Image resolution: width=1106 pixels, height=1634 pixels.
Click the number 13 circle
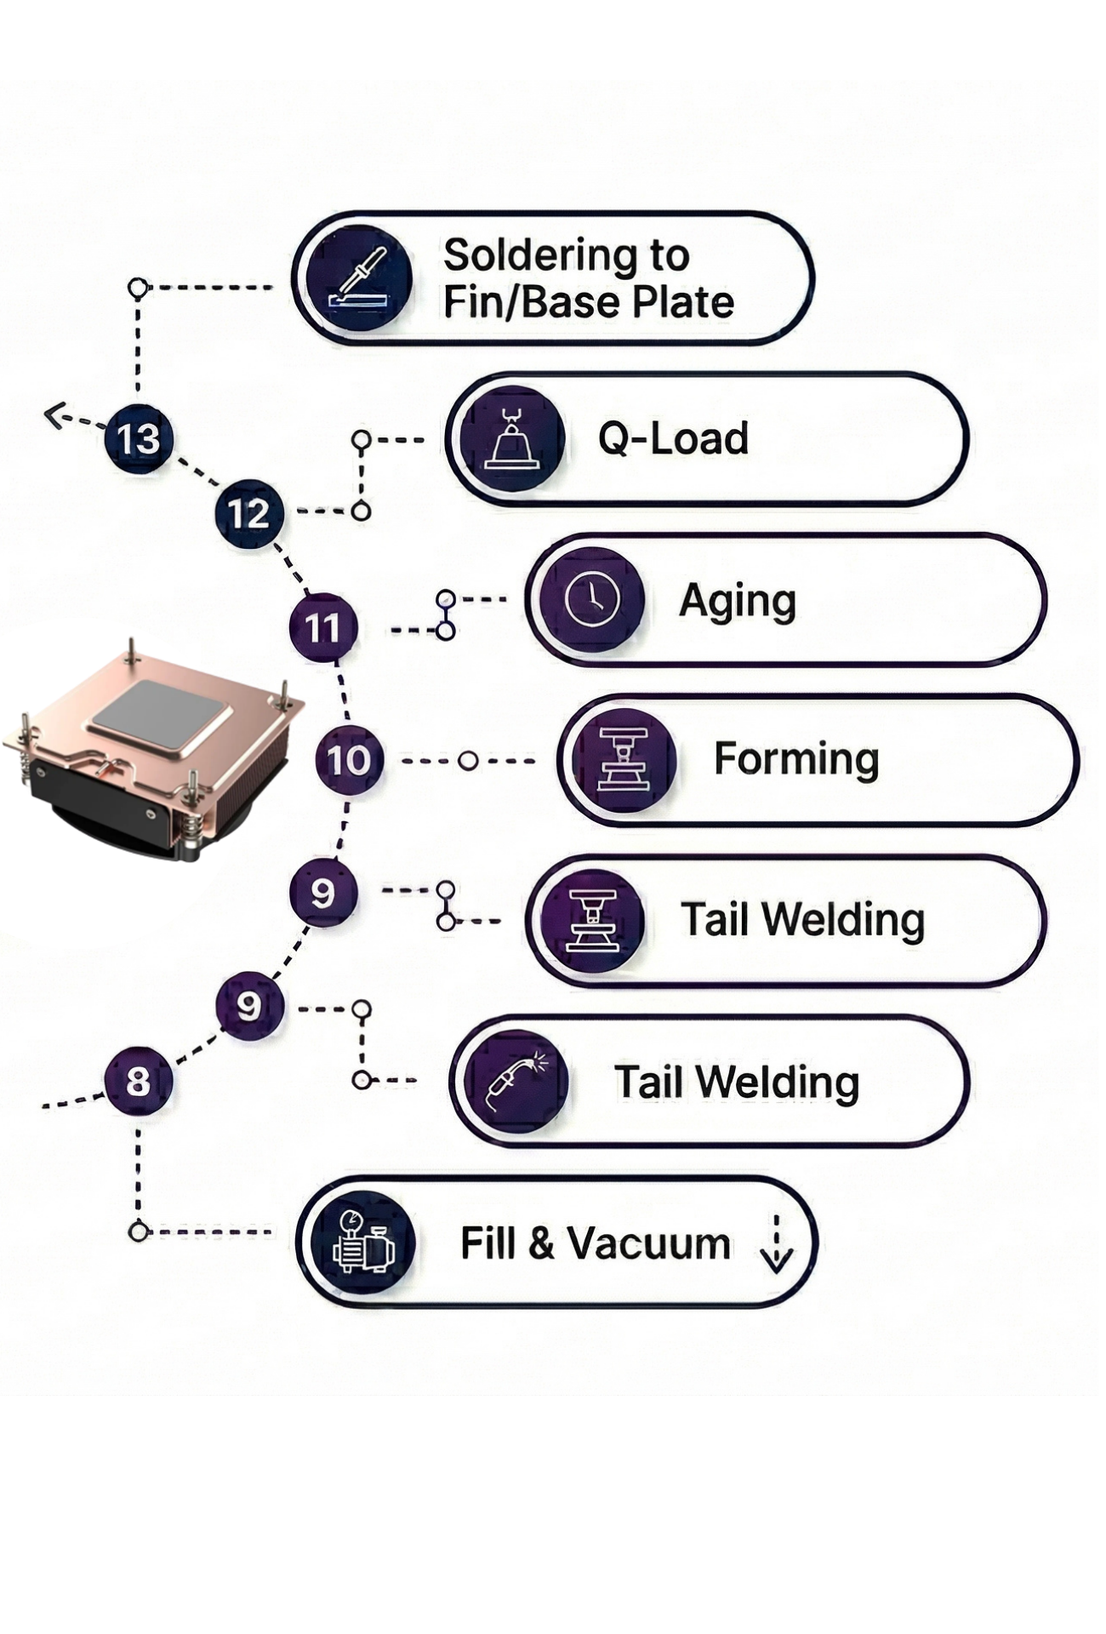(x=139, y=439)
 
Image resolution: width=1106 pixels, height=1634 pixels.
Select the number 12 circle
(x=248, y=513)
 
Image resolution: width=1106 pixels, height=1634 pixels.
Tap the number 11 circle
(x=322, y=628)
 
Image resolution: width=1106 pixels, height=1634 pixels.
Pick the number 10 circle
(x=349, y=760)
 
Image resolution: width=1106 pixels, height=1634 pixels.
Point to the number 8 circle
(x=138, y=1082)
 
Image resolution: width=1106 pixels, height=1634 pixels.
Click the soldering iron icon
(x=360, y=278)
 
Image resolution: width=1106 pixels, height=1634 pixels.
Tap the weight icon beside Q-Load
(x=511, y=439)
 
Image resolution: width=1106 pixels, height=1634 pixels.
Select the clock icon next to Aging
(x=592, y=599)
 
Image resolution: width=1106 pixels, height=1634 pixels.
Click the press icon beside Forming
(x=624, y=759)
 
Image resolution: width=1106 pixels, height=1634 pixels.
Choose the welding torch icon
(x=516, y=1082)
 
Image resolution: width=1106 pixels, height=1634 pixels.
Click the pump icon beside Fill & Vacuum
(x=363, y=1243)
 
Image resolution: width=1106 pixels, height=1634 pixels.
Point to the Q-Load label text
(x=673, y=439)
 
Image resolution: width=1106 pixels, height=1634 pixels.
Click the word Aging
(x=738, y=602)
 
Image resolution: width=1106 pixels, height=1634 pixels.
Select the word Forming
(x=796, y=759)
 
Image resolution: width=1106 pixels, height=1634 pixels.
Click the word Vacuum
(x=649, y=1243)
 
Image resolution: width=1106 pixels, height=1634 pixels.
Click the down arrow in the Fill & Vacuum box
(x=776, y=1245)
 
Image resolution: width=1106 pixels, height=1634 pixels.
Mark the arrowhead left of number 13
(x=55, y=416)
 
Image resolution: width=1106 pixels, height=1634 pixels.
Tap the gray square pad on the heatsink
(x=161, y=714)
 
